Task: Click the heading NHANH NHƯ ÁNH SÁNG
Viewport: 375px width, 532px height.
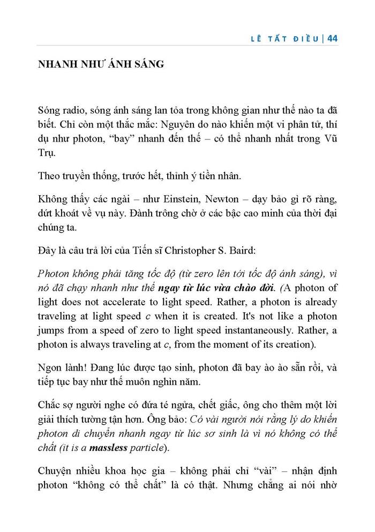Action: pos(101,65)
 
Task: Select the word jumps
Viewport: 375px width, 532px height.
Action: pos(50,329)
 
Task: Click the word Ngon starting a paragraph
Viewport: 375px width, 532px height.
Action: pos(50,367)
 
